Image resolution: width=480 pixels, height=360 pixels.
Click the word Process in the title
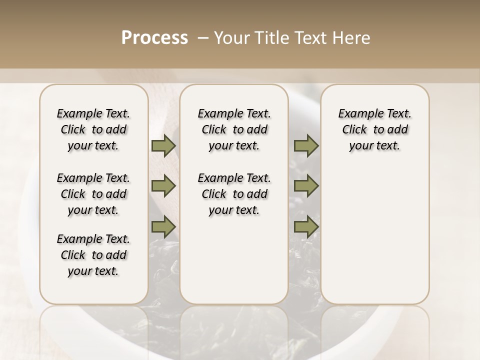point(154,38)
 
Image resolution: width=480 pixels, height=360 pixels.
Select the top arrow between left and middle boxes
point(163,146)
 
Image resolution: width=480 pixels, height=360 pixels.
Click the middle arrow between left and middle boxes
point(163,186)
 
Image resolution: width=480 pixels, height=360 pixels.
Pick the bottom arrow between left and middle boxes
point(163,226)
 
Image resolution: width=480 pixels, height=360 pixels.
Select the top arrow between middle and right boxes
point(306,146)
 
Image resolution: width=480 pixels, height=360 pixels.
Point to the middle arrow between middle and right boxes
point(306,186)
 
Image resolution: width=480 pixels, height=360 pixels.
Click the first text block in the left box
point(93,129)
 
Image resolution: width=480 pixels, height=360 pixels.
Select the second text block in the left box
point(93,194)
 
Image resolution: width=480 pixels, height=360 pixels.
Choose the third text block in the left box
point(93,255)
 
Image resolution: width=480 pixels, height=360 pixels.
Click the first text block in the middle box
point(234,129)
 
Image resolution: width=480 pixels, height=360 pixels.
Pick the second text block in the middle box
point(234,194)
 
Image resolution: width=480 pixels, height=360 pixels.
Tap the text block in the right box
point(375,129)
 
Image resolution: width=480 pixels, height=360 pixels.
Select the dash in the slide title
point(202,38)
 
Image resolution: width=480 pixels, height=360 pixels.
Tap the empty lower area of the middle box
point(234,260)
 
